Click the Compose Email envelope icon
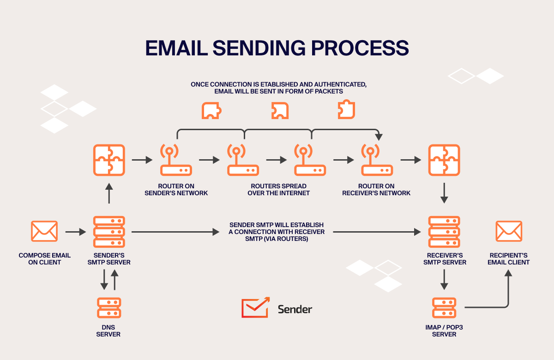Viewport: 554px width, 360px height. point(44,231)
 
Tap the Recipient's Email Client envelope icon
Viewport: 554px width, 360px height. point(509,231)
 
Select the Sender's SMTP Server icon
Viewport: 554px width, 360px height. point(109,231)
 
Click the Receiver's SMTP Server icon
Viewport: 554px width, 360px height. point(444,231)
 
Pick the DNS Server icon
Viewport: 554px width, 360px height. point(109,308)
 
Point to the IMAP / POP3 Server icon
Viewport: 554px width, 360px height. point(444,308)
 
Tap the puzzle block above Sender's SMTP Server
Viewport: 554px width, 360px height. point(109,160)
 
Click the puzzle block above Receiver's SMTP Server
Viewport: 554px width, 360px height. point(444,160)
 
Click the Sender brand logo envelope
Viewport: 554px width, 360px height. point(255,307)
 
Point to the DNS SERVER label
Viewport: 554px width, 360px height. point(108,330)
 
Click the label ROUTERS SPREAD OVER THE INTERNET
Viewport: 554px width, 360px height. point(278,190)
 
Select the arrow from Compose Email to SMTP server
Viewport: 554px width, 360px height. point(76,232)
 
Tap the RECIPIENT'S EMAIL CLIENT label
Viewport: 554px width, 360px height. point(509,258)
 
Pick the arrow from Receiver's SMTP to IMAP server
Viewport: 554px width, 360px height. point(444,279)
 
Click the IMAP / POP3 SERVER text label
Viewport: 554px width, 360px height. point(444,330)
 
